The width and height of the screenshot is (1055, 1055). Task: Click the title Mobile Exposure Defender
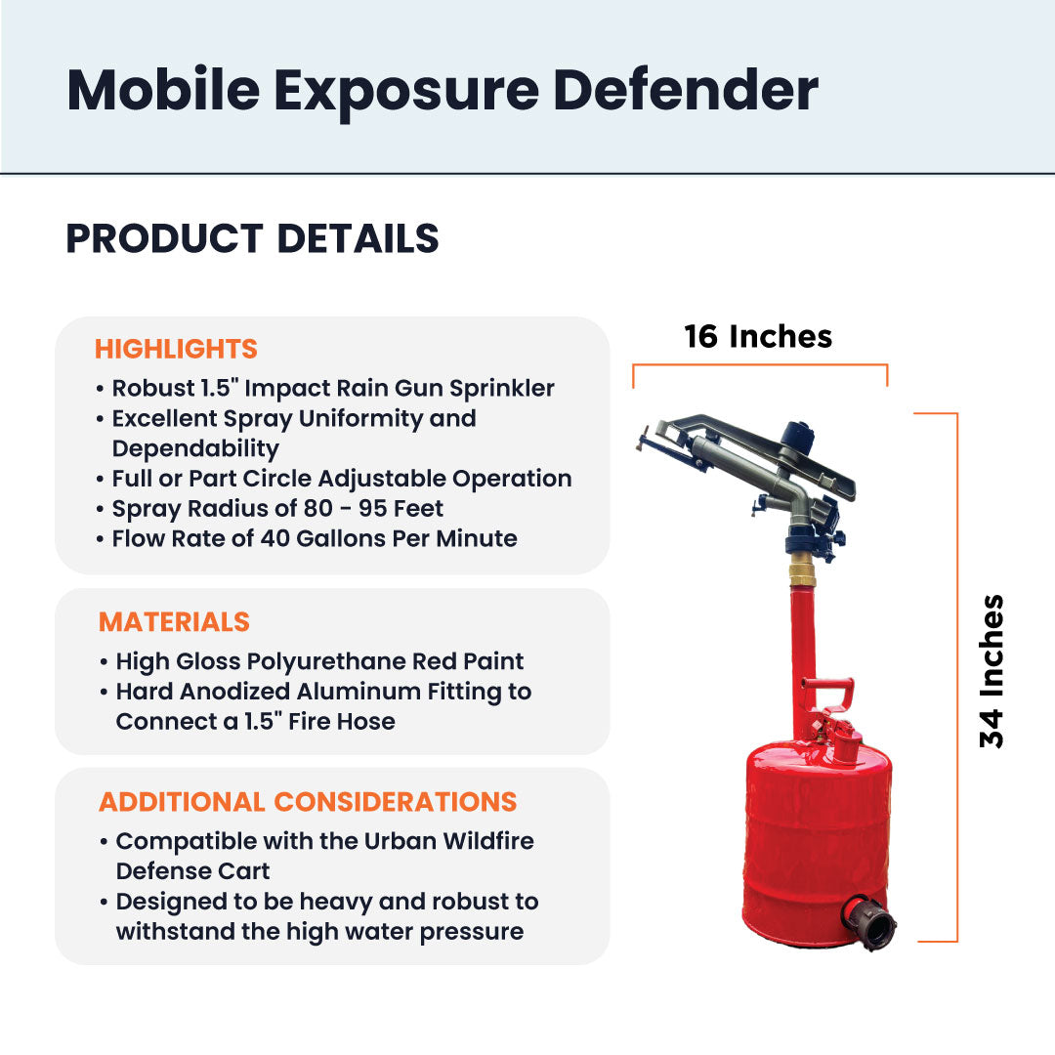point(442,90)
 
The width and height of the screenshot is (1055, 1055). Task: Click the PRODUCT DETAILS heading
point(252,238)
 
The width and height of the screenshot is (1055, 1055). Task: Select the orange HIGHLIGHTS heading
point(176,349)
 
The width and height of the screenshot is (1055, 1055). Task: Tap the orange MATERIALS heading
point(174,622)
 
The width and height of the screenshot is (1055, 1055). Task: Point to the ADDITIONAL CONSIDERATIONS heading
point(308,802)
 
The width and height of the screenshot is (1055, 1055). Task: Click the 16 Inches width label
point(758,336)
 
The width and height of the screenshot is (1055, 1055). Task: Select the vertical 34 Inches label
point(992,671)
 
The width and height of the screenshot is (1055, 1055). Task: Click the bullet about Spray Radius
point(277,509)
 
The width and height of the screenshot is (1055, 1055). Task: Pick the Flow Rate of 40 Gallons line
point(315,538)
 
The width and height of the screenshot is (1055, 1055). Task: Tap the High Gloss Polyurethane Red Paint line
point(319,661)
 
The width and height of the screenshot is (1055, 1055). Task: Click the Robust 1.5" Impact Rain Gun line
point(333,388)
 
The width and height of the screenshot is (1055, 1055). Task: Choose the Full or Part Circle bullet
point(342,479)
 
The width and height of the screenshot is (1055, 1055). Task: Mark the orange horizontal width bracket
point(760,365)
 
